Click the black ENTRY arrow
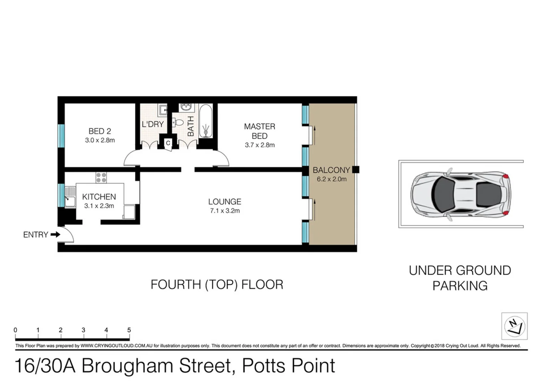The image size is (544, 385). click(55, 235)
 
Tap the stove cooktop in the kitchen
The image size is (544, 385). click(101, 178)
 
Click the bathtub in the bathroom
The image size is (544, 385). click(205, 121)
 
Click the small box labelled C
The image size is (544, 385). click(168, 143)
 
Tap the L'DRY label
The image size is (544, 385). click(152, 124)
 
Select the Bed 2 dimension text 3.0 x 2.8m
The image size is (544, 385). click(100, 140)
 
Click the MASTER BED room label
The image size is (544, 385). click(259, 131)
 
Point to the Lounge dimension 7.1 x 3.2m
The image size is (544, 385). click(225, 211)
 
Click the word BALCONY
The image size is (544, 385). click(331, 170)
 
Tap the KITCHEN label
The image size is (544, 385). click(99, 197)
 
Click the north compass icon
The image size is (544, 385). click(514, 326)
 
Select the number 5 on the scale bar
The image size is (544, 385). click(129, 330)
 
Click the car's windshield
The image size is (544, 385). click(444, 195)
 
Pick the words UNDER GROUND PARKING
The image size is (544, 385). click(460, 278)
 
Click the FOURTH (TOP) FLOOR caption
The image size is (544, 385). click(217, 284)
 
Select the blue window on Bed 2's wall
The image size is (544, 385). click(61, 136)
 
